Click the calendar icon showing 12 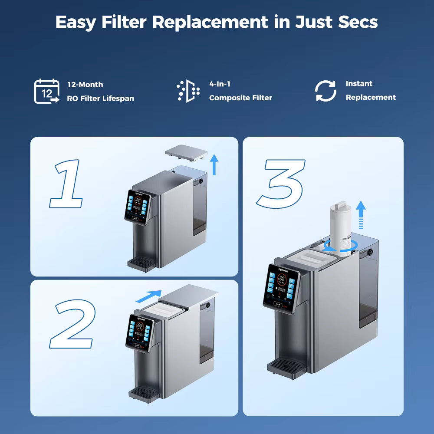pyautogui.click(x=46, y=92)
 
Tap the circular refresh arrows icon pyautogui.click(x=325, y=91)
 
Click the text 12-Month pyautogui.click(x=85, y=85)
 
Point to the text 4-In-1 pyautogui.click(x=220, y=84)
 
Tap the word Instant pyautogui.click(x=359, y=84)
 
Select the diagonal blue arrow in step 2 pyautogui.click(x=148, y=296)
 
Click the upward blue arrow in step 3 pyautogui.click(x=361, y=214)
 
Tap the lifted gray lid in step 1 pyautogui.click(x=186, y=153)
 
